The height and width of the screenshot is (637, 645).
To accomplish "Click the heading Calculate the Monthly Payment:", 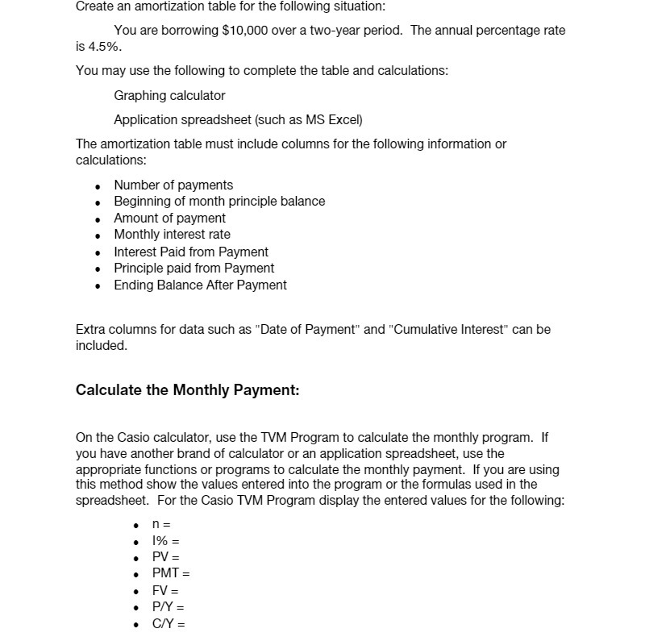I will (x=187, y=390).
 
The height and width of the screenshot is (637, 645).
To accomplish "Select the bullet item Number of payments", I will (x=173, y=185).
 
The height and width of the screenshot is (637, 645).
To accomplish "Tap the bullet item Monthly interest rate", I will (x=172, y=235).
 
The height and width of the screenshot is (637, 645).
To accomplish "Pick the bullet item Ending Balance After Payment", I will (x=200, y=285).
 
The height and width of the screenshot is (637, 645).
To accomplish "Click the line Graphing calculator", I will (x=169, y=95).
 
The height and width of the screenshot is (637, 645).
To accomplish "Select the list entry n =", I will (x=161, y=524).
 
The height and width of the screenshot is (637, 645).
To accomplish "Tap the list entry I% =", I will (x=165, y=541).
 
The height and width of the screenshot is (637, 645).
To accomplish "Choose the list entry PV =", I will (x=165, y=557).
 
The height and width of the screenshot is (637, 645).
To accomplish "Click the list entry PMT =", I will (x=171, y=574).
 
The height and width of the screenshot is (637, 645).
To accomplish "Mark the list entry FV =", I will (x=165, y=590).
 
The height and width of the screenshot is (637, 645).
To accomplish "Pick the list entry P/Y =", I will (x=168, y=607).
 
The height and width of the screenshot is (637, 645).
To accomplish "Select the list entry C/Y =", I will (x=168, y=623).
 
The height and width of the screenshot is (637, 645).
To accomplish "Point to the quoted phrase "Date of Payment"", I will (x=307, y=329).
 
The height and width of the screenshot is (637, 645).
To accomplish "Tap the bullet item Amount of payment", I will (x=169, y=218).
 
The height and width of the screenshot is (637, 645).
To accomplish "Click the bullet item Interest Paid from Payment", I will (x=191, y=252).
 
